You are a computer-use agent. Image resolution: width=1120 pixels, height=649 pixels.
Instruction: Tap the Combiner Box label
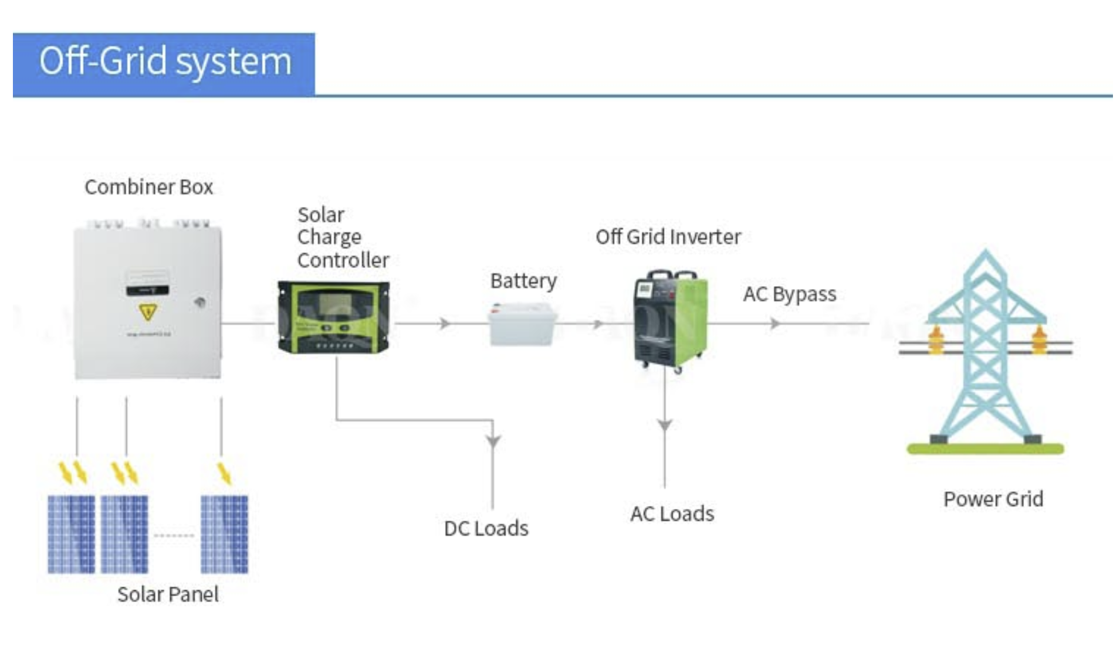tap(149, 187)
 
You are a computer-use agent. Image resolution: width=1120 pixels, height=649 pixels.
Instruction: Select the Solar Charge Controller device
tap(333, 317)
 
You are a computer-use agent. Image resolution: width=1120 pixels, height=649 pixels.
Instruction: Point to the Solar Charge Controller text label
tap(342, 237)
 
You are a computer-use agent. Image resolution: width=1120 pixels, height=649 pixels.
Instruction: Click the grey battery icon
tap(522, 325)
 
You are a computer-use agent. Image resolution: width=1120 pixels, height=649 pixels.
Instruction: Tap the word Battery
tap(523, 281)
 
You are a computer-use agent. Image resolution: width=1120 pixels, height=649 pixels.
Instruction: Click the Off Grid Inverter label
tap(668, 237)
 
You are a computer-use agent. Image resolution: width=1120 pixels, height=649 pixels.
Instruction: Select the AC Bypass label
tap(790, 294)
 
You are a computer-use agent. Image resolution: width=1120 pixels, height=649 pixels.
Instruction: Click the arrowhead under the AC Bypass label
tap(776, 323)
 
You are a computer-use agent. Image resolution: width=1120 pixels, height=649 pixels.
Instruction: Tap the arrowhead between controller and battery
tap(445, 323)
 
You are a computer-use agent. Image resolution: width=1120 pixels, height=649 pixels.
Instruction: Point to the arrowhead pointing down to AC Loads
tap(665, 425)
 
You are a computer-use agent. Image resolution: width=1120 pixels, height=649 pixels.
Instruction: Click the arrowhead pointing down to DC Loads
tap(493, 440)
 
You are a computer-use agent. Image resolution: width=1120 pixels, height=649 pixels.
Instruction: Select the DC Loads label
tap(486, 528)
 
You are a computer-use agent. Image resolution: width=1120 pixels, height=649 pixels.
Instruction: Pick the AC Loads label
tap(672, 514)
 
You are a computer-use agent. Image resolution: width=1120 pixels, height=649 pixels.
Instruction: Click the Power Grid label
tap(993, 499)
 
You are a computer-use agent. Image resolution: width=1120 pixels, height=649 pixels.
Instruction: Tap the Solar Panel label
tap(168, 594)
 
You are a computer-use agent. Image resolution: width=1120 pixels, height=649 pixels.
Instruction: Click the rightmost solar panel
tap(224, 534)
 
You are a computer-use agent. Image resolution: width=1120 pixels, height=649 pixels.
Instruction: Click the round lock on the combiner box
tap(200, 303)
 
